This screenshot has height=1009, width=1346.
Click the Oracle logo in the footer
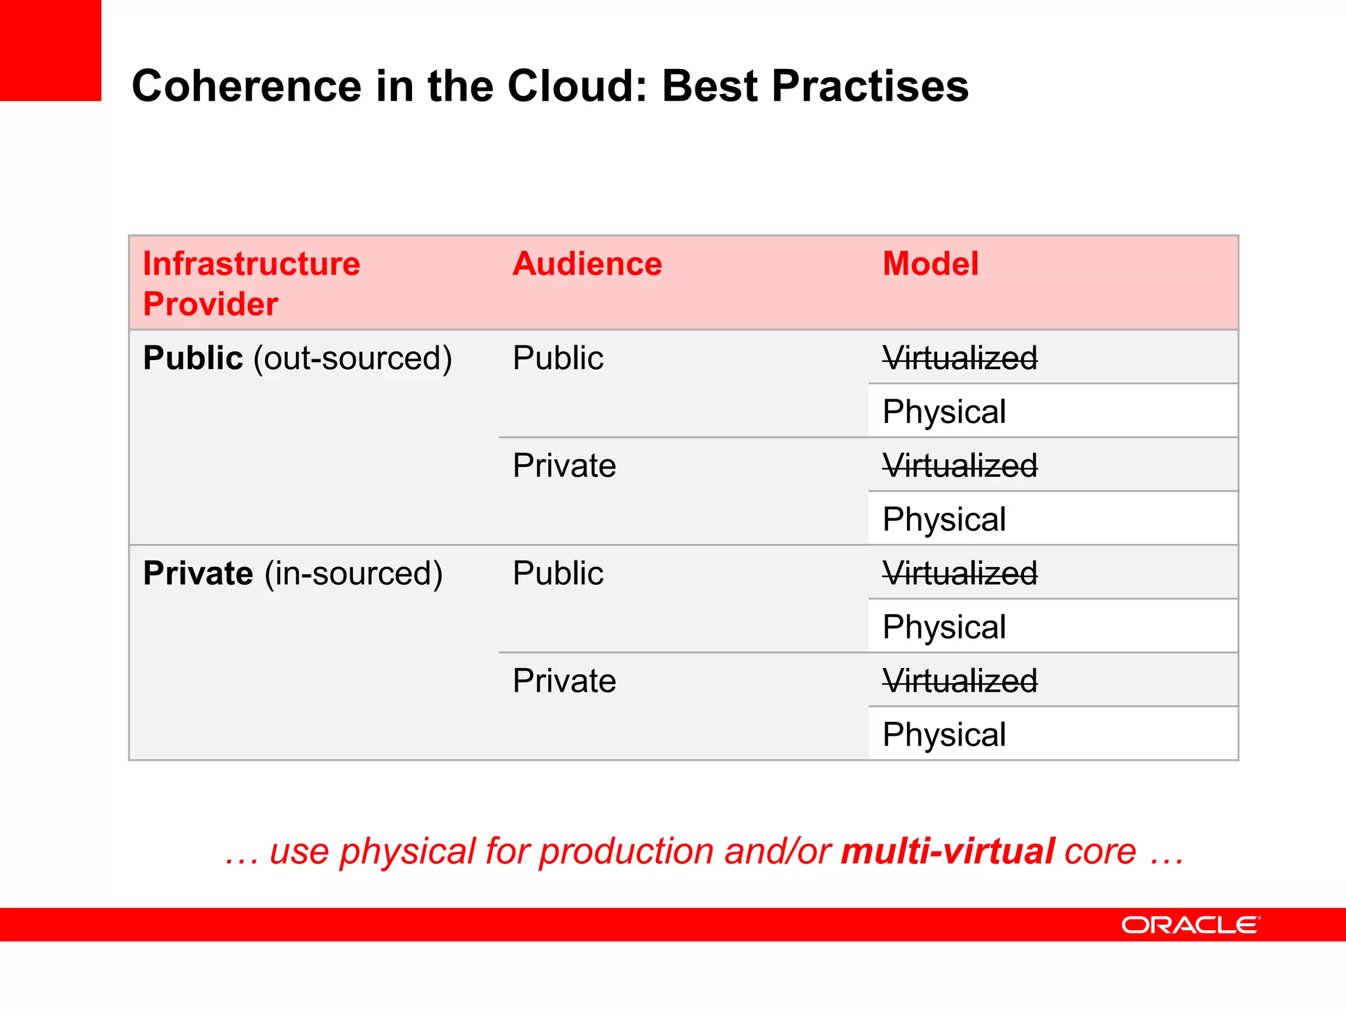1190,925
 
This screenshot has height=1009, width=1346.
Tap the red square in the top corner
50,50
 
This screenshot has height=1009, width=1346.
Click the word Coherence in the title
246,86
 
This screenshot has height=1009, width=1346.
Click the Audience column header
587,264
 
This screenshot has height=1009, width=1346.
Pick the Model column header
930,264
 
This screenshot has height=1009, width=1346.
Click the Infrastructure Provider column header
251,283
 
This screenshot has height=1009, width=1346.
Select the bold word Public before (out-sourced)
193,359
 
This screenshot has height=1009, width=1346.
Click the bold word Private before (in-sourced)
198,573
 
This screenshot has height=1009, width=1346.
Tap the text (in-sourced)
354,573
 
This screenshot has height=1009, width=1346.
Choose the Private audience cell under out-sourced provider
564,466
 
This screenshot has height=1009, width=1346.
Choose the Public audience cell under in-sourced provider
557,573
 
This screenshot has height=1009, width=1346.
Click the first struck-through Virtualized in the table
960,359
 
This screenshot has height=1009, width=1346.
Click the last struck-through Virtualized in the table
960,681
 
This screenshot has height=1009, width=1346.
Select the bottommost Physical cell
944,735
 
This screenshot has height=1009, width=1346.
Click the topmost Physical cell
944,412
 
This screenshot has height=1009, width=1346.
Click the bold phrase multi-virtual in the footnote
948,851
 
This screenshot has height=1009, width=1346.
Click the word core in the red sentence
1100,851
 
